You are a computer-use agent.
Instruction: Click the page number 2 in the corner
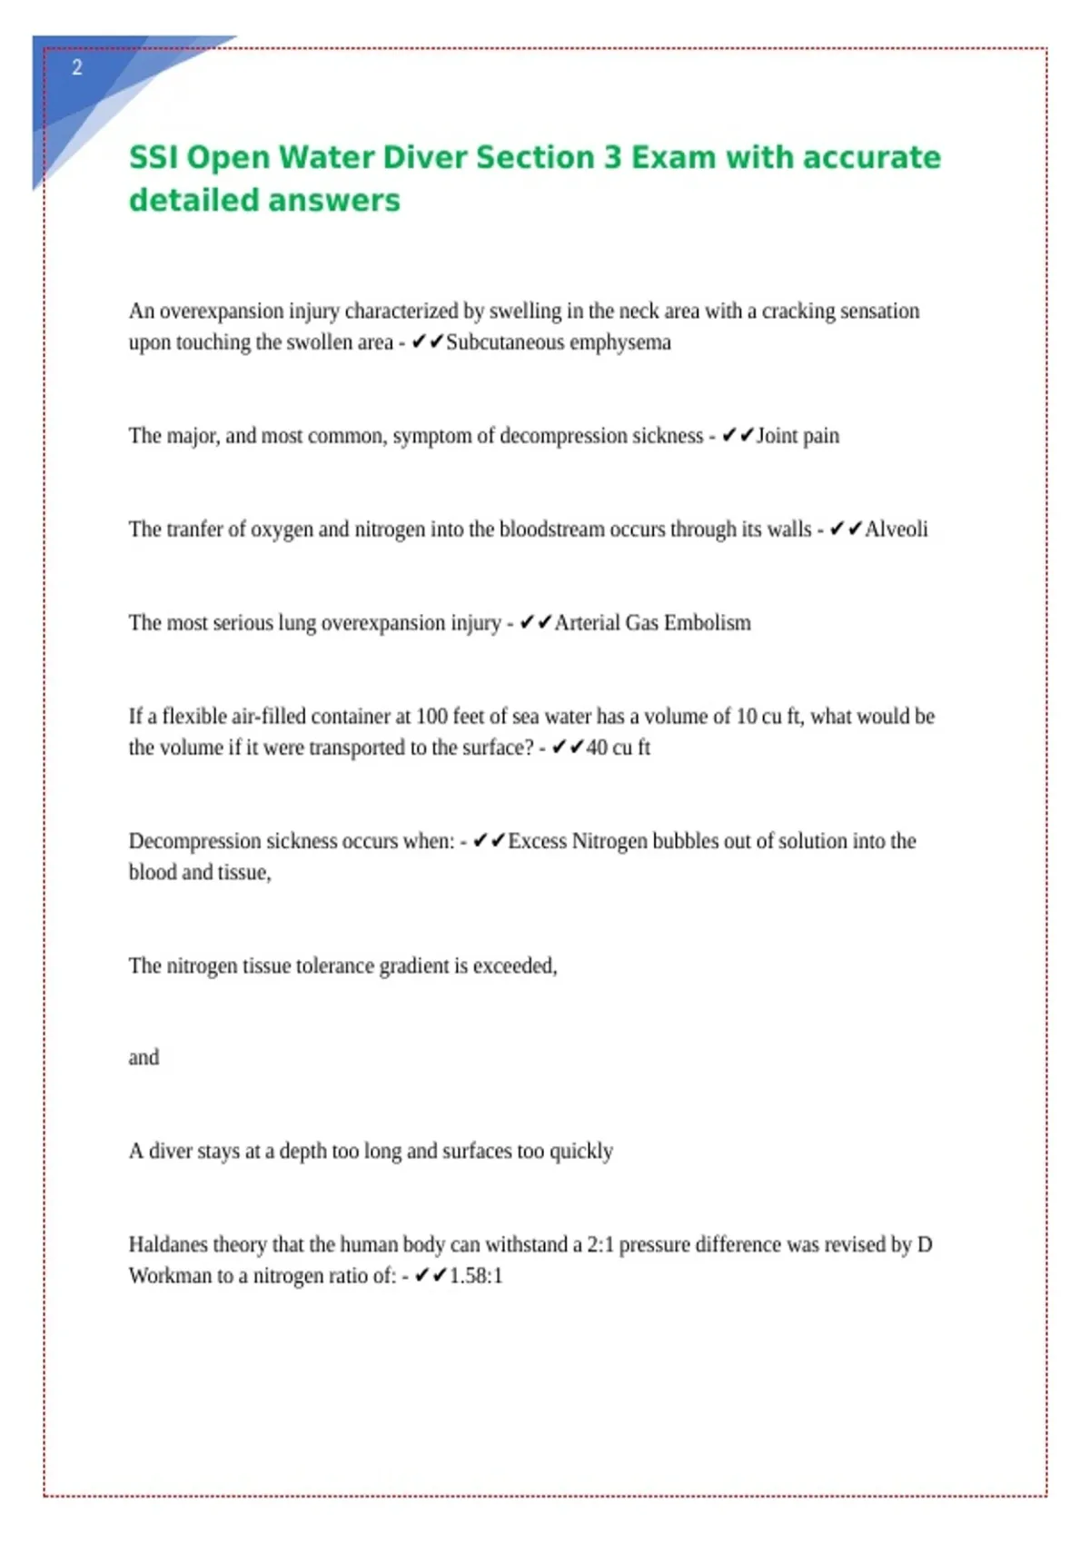point(77,67)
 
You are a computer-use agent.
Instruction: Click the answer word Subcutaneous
point(504,342)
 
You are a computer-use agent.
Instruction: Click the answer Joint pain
point(798,436)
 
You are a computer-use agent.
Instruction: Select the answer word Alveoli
point(896,530)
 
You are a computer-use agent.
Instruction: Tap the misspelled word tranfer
point(193,530)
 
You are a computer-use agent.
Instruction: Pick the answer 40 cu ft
point(618,747)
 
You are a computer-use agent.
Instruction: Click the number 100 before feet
point(431,717)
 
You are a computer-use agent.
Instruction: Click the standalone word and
point(144,1057)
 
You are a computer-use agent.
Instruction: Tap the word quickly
point(581,1151)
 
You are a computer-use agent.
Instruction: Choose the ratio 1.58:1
point(475,1275)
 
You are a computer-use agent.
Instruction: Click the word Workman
point(168,1275)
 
